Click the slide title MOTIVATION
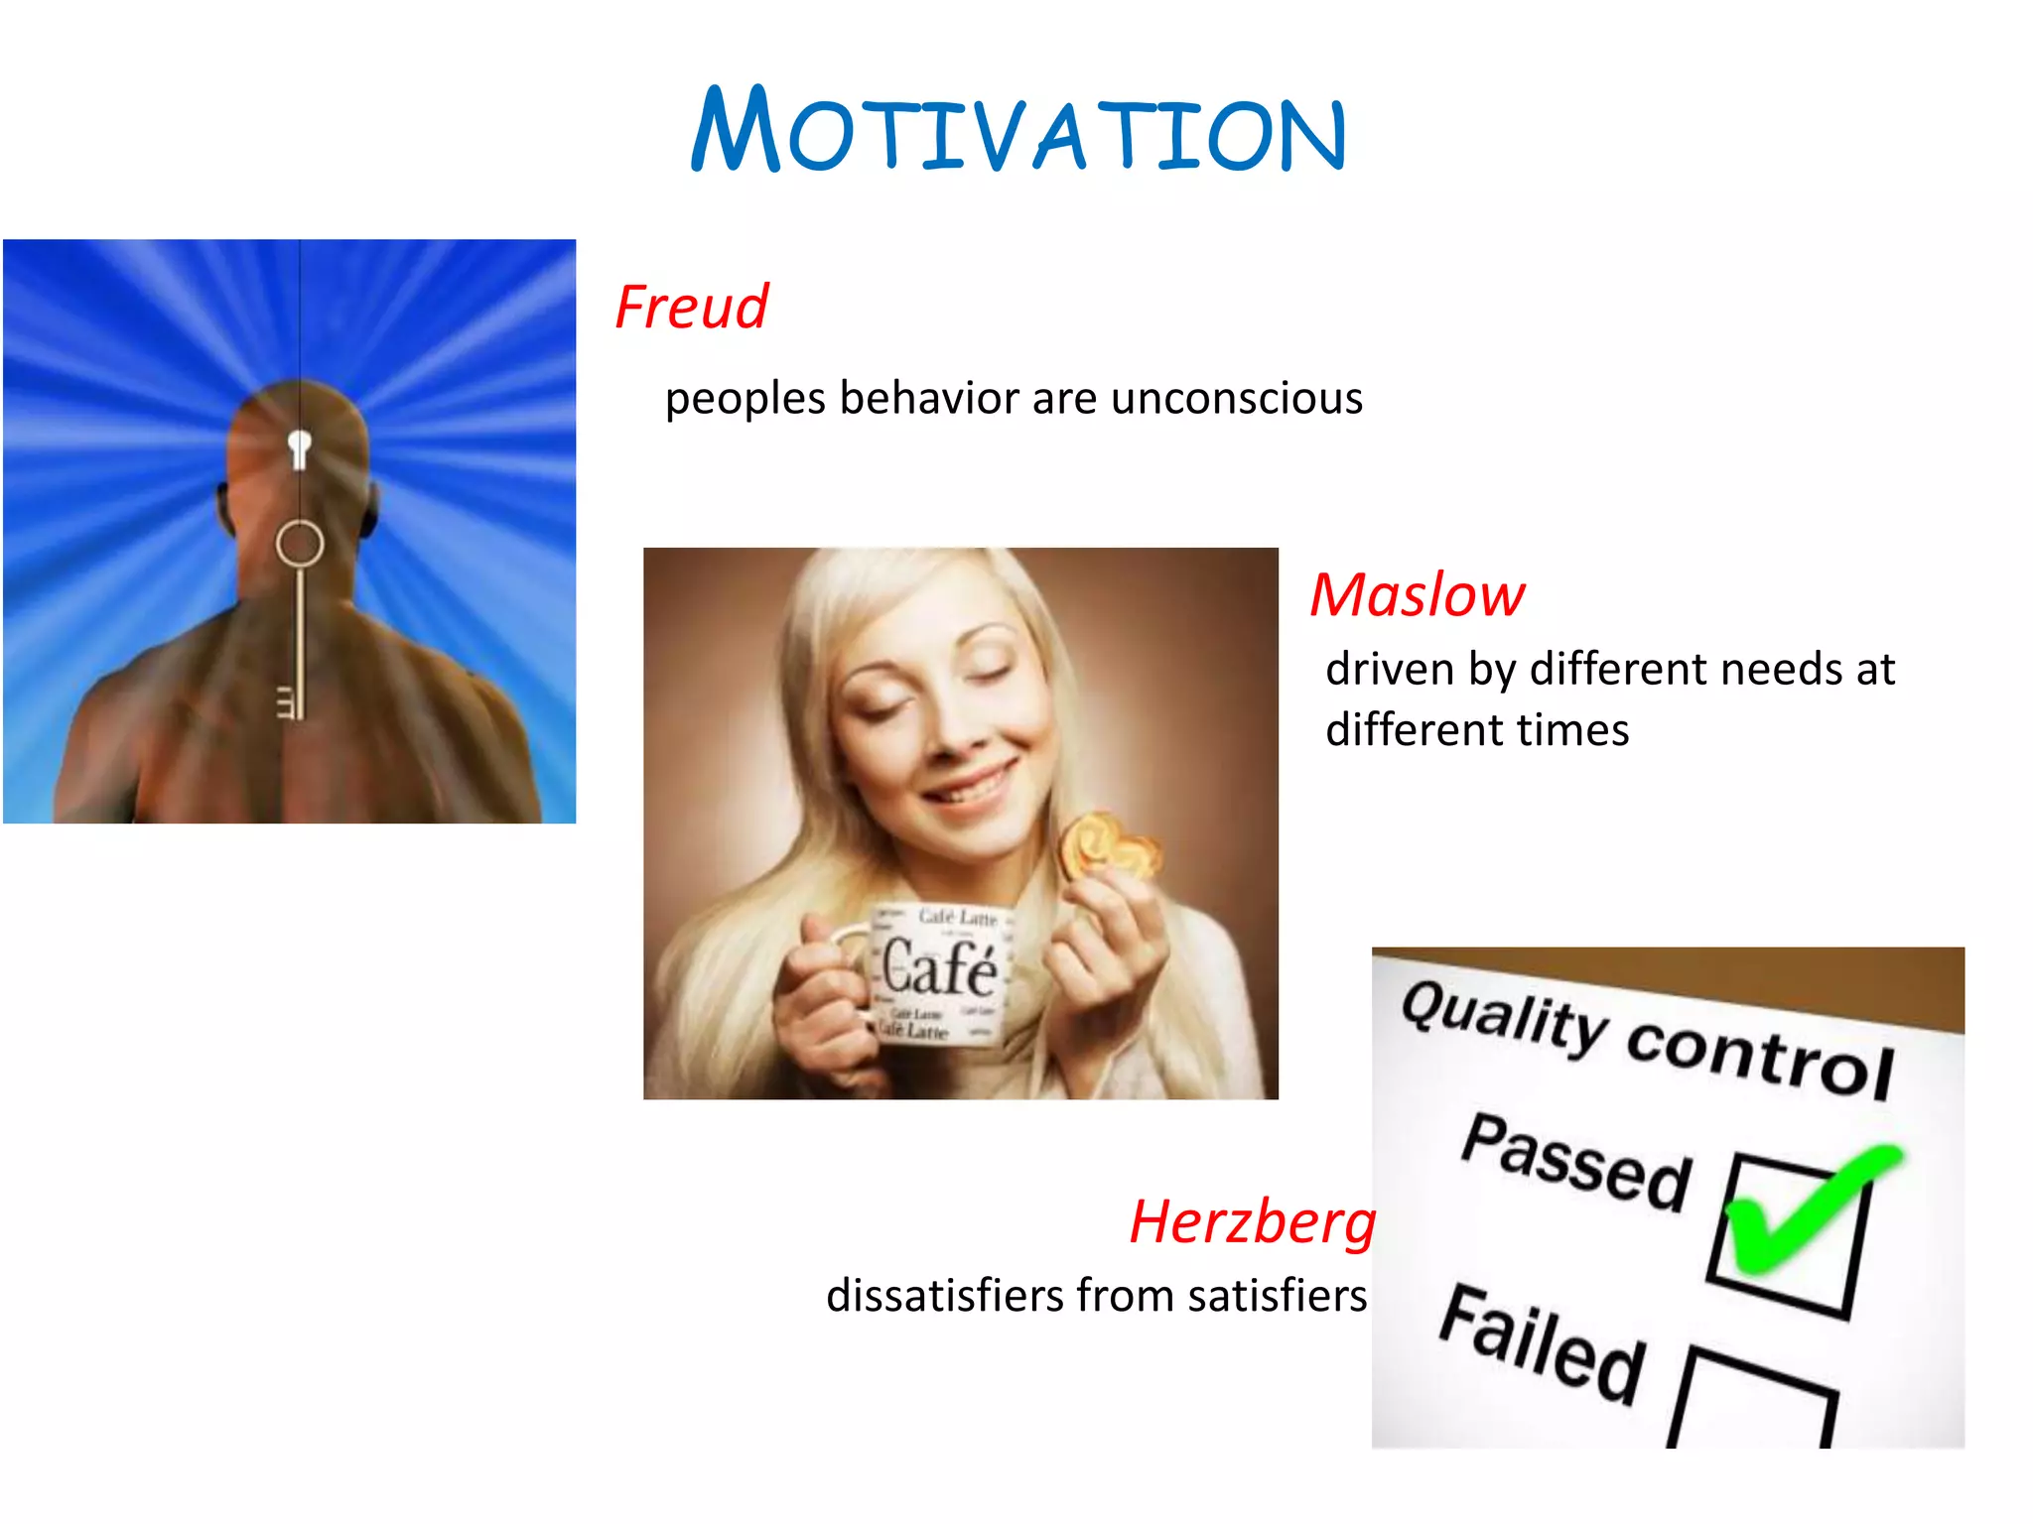(x=1017, y=131)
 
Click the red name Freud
(x=692, y=307)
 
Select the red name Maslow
(x=1417, y=595)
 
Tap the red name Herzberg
(x=1253, y=1222)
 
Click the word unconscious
(x=1237, y=399)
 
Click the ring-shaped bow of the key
(x=299, y=544)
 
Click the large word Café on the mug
(x=939, y=967)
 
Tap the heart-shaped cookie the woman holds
(x=1107, y=846)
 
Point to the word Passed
(x=1576, y=1163)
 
